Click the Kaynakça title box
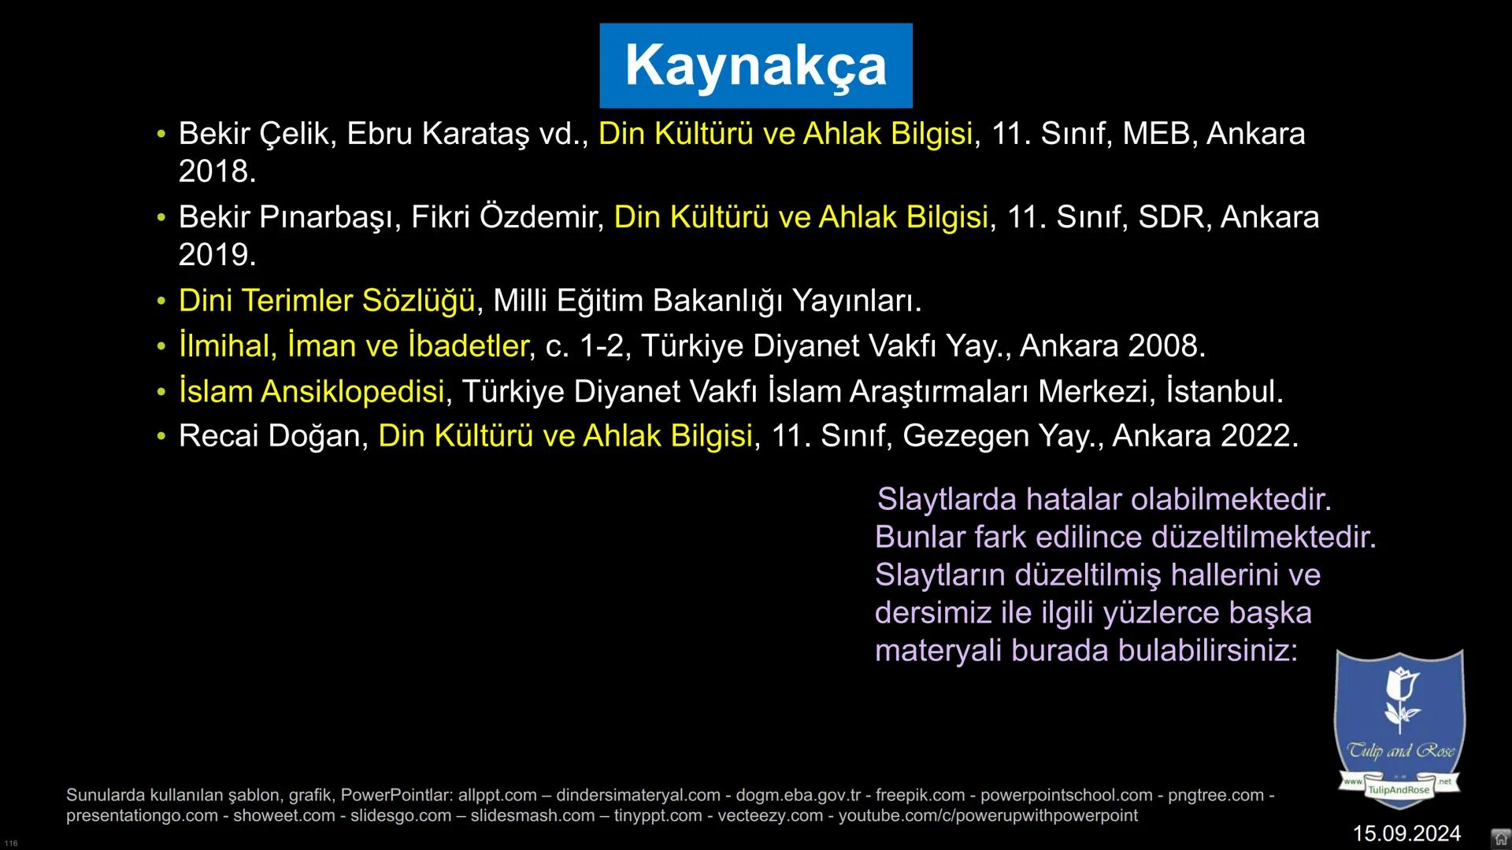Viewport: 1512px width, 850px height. (755, 65)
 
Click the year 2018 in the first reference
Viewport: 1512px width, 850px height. (216, 172)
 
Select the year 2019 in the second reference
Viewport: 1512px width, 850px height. (216, 255)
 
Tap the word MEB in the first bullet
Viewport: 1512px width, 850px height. (1155, 134)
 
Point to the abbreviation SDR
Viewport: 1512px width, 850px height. (1171, 217)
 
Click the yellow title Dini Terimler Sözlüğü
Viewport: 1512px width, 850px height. (327, 301)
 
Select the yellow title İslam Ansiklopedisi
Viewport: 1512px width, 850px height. (312, 392)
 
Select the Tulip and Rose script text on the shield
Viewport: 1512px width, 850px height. (1400, 751)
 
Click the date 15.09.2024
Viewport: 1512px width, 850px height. (1406, 833)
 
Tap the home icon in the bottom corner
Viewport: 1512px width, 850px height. (1501, 838)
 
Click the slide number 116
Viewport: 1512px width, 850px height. (11, 844)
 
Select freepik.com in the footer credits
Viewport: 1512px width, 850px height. (920, 796)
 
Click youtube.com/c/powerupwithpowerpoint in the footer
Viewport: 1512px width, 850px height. (988, 816)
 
